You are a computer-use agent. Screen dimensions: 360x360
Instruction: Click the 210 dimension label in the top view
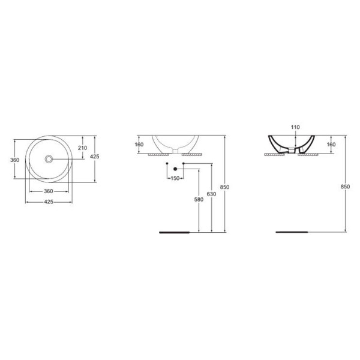83,148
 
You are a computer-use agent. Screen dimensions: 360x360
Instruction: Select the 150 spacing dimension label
175,179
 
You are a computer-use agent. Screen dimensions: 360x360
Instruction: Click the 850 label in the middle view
224,187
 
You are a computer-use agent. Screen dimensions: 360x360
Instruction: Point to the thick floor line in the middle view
178,231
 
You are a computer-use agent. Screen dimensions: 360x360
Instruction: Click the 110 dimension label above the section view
295,127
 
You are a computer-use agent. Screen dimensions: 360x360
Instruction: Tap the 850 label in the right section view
344,187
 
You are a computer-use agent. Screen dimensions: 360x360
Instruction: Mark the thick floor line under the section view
290,231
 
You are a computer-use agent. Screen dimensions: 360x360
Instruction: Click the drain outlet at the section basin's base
292,152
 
